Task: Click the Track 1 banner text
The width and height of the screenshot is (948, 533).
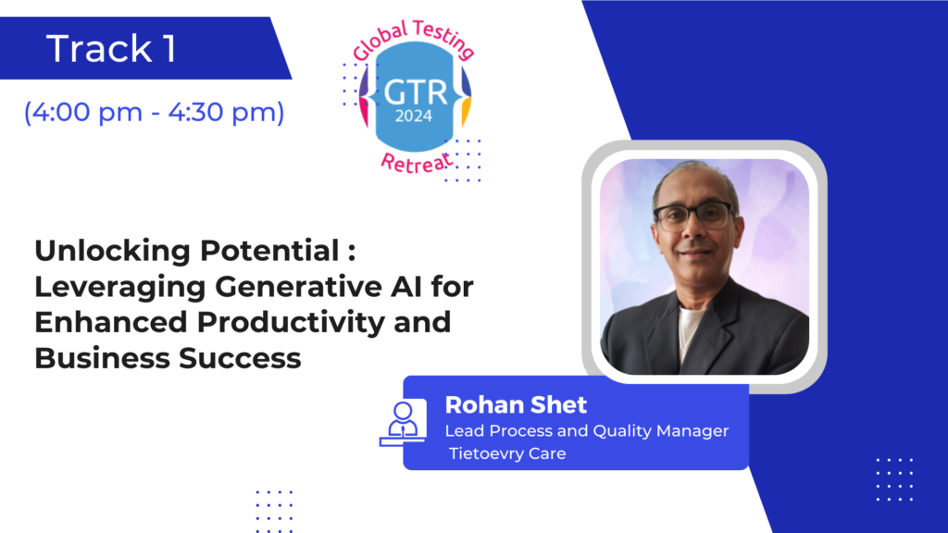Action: tap(111, 48)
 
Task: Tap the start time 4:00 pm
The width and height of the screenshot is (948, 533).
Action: tap(87, 112)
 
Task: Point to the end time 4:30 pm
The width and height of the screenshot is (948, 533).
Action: tap(222, 112)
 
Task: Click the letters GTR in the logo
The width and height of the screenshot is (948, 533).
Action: tap(416, 93)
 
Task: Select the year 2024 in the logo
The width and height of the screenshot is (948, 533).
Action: tap(414, 116)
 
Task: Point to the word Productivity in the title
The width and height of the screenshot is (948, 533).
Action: tap(290, 323)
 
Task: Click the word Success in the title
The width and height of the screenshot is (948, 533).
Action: tap(240, 358)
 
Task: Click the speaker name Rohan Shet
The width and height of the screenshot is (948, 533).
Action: tap(516, 405)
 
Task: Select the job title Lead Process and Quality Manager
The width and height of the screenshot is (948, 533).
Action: tap(586, 431)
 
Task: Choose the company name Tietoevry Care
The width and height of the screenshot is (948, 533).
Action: tap(507, 453)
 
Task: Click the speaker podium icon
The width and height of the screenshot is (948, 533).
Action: tap(403, 423)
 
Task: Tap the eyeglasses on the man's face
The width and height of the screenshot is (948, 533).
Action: tap(693, 217)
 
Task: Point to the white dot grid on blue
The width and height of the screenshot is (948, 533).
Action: tap(895, 480)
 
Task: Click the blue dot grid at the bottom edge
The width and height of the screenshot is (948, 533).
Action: tap(274, 512)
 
